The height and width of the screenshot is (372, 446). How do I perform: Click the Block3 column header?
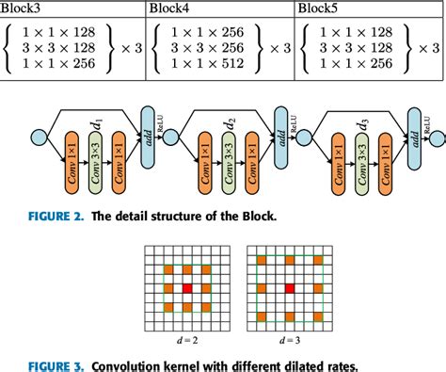(x=24, y=9)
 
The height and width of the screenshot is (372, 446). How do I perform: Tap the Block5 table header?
(x=320, y=9)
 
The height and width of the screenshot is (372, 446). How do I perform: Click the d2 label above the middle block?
(x=231, y=121)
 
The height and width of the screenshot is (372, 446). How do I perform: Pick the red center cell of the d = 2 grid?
(x=186, y=286)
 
